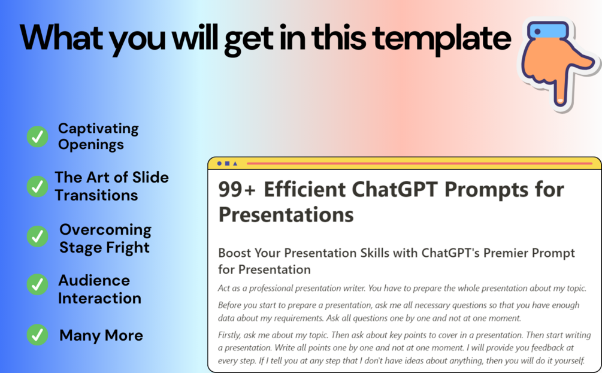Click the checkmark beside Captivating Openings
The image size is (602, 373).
tap(37, 137)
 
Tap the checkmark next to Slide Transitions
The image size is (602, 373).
tap(37, 187)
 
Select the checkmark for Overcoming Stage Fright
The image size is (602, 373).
tap(37, 236)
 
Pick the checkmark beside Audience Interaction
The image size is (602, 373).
tap(37, 284)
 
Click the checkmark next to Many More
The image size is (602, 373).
tap(37, 335)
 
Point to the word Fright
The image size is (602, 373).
tap(128, 248)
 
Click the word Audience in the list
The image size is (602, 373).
tap(94, 281)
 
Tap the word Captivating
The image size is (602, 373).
tap(98, 129)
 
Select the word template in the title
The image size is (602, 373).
tap(441, 39)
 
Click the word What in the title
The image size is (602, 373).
tap(62, 37)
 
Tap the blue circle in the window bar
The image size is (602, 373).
tap(219, 163)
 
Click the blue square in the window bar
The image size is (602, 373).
tap(227, 163)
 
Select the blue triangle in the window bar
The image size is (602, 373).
tap(235, 163)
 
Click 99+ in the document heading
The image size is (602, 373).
tap(237, 190)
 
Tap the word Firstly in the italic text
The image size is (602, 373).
tap(229, 335)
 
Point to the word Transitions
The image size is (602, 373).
tap(96, 195)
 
